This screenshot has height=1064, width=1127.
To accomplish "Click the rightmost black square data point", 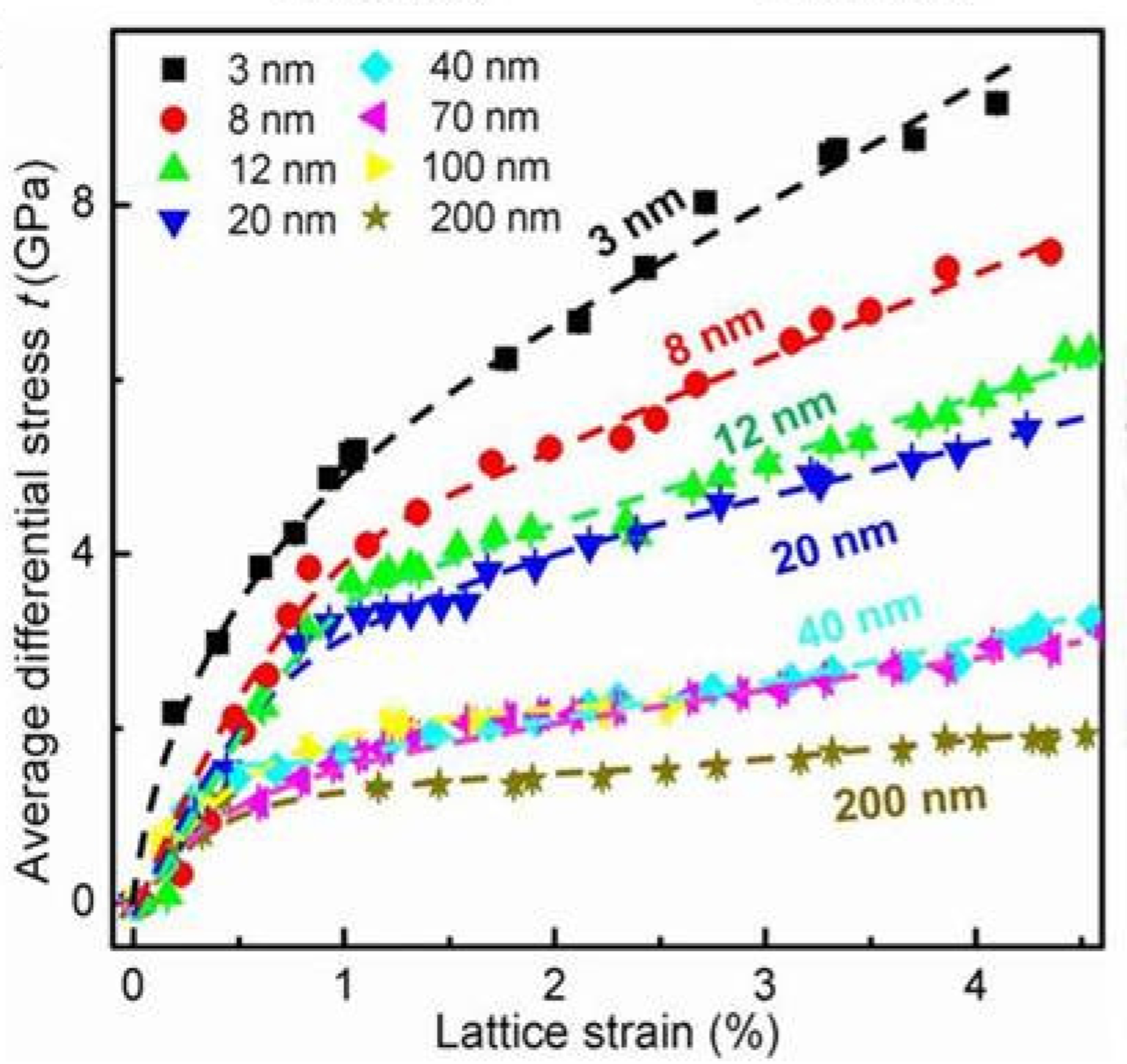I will (997, 104).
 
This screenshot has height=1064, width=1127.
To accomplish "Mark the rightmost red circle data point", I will (1050, 252).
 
